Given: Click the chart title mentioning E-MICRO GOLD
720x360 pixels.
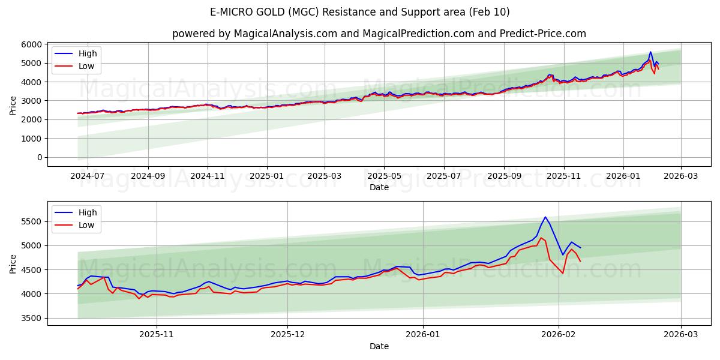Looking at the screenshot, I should pyautogui.click(x=360, y=12).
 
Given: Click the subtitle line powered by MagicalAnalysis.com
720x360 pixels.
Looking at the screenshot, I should pyautogui.click(x=379, y=34).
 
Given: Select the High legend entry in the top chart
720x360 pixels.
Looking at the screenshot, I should pyautogui.click(x=88, y=53).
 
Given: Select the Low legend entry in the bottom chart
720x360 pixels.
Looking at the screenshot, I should pyautogui.click(x=86, y=225).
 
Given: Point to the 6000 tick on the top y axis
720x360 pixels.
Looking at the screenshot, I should pyautogui.click(x=31, y=44).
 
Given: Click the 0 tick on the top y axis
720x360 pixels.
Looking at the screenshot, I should pyautogui.click(x=39, y=157).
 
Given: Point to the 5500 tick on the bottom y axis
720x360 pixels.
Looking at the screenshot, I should pyautogui.click(x=31, y=222).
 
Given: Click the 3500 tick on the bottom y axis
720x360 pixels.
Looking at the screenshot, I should pyautogui.click(x=31, y=318).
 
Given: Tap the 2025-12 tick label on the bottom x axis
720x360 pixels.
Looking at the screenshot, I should pyautogui.click(x=287, y=334).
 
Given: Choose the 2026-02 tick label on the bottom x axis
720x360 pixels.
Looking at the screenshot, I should pyautogui.click(x=559, y=334).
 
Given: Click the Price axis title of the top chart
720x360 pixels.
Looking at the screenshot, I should pyautogui.click(x=13, y=105).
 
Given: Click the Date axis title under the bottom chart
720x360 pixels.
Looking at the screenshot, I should pyautogui.click(x=379, y=346).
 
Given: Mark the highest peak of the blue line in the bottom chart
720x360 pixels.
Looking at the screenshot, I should pyautogui.click(x=545, y=217).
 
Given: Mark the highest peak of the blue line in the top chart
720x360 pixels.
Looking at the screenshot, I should pyautogui.click(x=650, y=52).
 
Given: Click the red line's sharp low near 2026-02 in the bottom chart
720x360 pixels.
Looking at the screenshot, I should pyautogui.click(x=562, y=273).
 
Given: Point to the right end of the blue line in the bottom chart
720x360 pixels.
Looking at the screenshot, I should pyautogui.click(x=580, y=248).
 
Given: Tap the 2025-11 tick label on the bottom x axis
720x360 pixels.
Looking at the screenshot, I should pyautogui.click(x=157, y=334).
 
